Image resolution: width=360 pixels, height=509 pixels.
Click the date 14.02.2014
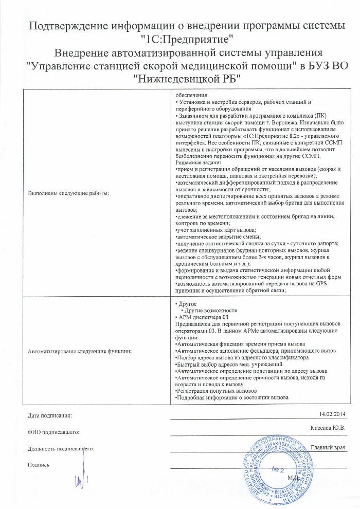tap(333, 414)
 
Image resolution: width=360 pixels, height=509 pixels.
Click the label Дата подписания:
tap(50, 415)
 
